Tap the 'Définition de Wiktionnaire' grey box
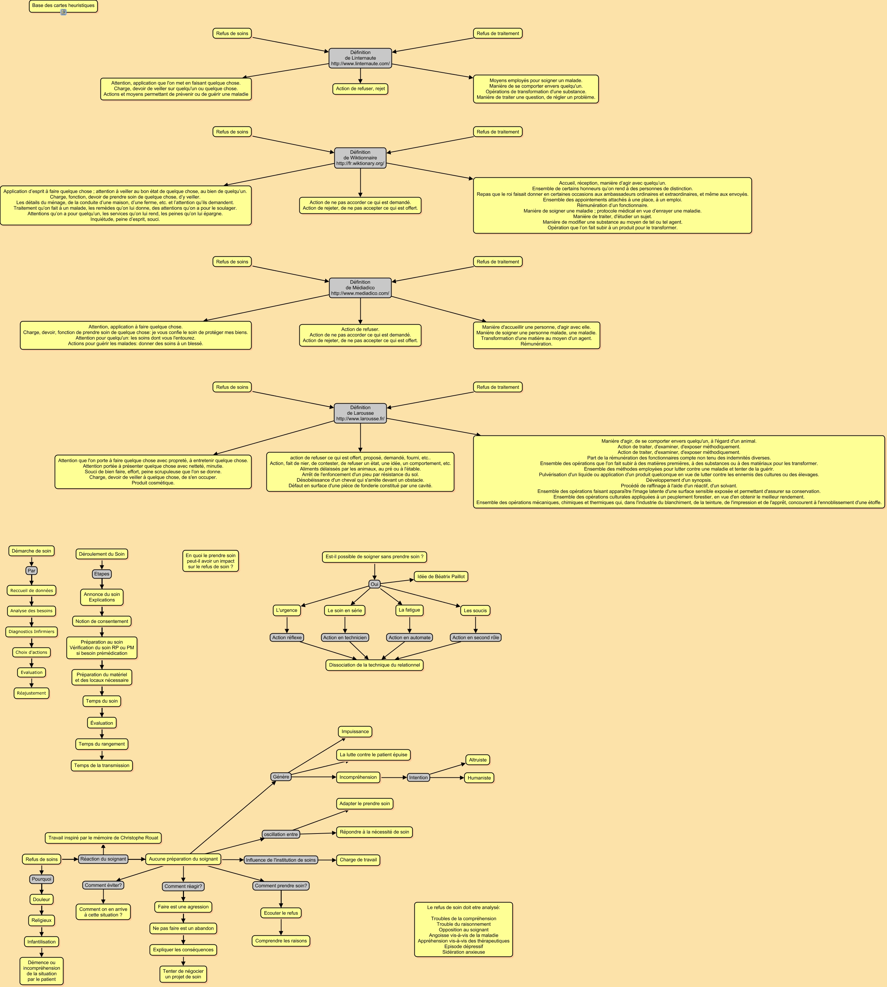[x=360, y=158]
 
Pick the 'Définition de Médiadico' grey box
[x=360, y=288]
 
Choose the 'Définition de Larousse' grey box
[x=360, y=413]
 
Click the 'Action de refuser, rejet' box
[x=360, y=89]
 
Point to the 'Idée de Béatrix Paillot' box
[x=441, y=577]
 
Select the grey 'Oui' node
[x=374, y=584]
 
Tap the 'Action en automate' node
[x=410, y=638]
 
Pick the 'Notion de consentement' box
[x=102, y=621]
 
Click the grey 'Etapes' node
[x=102, y=574]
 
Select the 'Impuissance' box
[x=355, y=731]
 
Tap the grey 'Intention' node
[x=418, y=777]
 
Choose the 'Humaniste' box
[x=479, y=778]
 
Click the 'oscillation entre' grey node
[x=281, y=835]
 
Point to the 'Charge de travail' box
[x=358, y=860]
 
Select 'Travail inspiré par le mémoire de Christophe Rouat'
[x=103, y=838]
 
